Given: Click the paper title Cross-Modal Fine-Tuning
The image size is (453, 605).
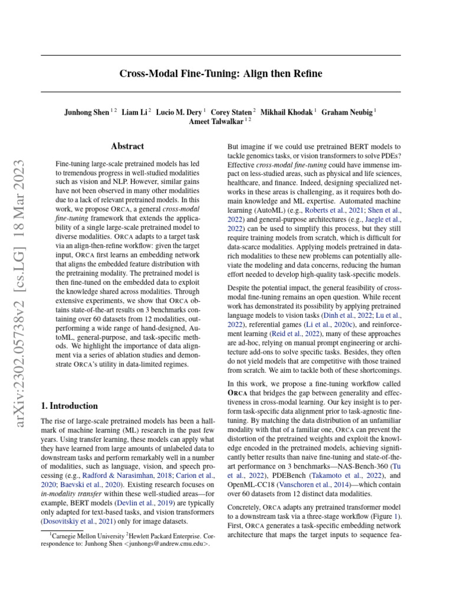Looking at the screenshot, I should (x=221, y=74).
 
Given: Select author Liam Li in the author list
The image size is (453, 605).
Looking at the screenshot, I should (x=135, y=111).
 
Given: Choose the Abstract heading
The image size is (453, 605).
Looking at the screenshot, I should (x=127, y=146).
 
